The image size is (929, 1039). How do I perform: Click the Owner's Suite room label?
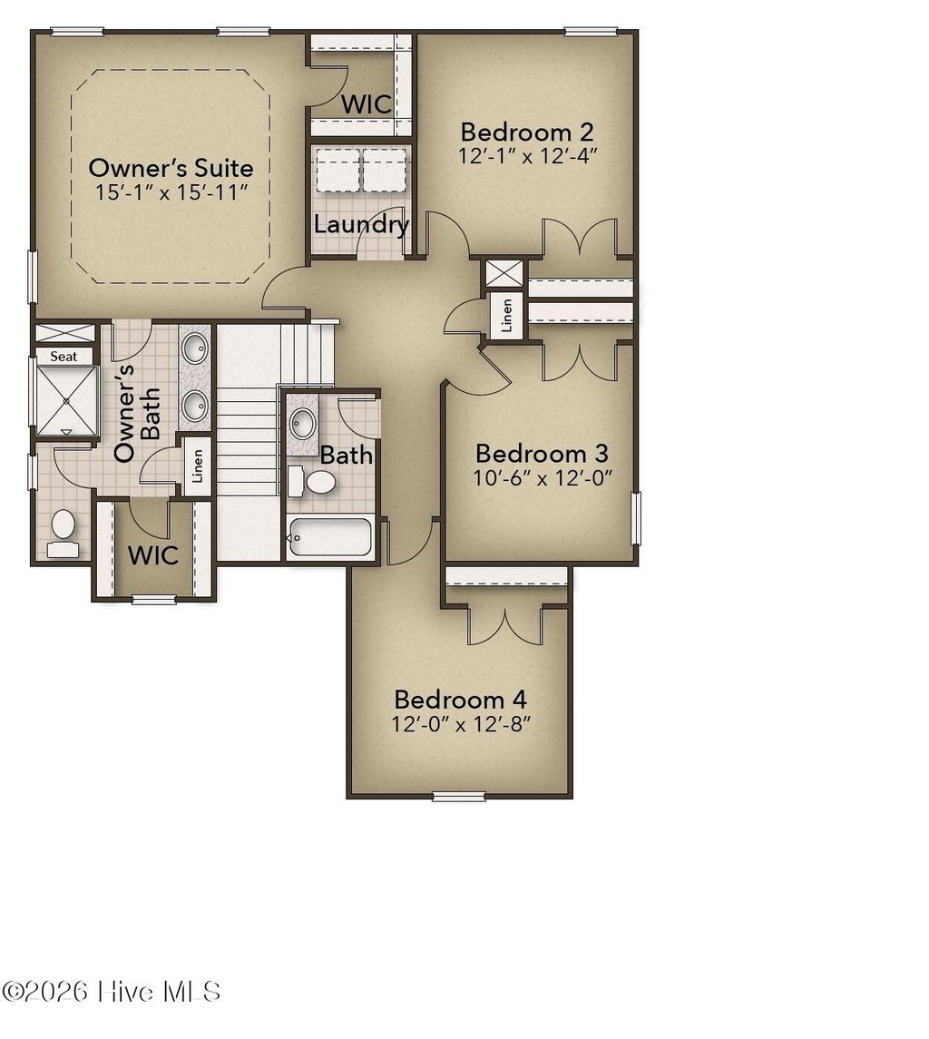(x=171, y=168)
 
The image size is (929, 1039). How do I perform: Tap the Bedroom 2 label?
(x=527, y=131)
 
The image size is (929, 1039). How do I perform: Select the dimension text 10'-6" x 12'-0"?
(x=542, y=478)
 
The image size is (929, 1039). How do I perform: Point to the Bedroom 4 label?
(x=460, y=700)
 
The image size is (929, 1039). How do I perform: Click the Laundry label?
(x=361, y=224)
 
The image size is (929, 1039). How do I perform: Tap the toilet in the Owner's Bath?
(x=63, y=530)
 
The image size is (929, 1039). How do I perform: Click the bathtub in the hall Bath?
(x=329, y=537)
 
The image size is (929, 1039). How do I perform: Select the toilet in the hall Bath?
(x=314, y=480)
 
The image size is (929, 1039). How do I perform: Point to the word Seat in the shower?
(x=64, y=357)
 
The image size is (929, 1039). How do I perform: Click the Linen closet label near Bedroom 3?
(x=506, y=315)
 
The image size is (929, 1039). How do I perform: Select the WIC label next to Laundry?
(x=366, y=103)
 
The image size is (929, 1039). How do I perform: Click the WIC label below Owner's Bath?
(x=152, y=554)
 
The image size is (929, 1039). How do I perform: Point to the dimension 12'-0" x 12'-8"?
(x=460, y=724)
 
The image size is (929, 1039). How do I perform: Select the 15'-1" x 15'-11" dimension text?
(x=171, y=192)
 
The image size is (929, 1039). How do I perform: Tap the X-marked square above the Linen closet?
(x=504, y=274)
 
